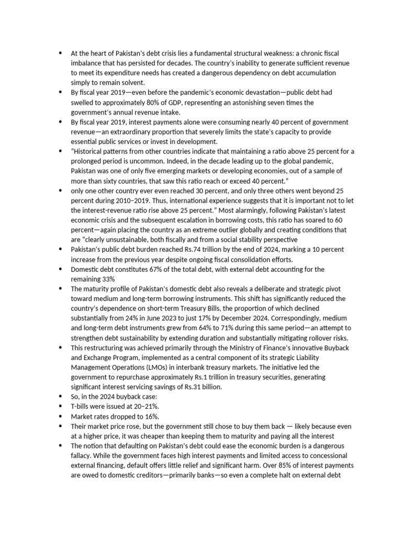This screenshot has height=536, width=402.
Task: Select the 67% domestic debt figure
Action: click(x=146, y=270)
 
